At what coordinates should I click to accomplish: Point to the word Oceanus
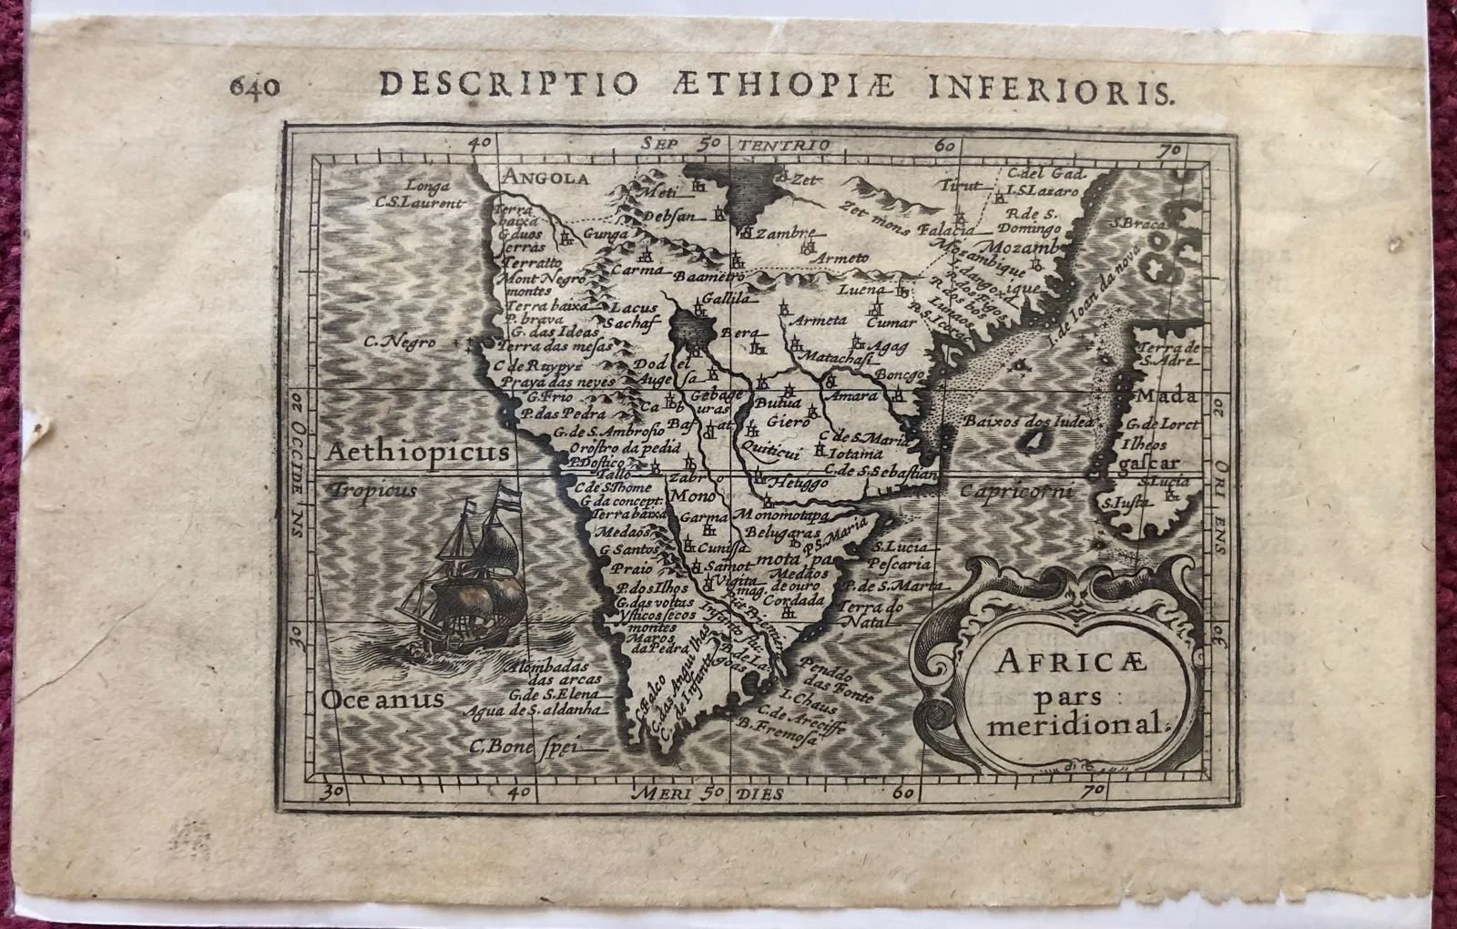[x=382, y=699]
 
